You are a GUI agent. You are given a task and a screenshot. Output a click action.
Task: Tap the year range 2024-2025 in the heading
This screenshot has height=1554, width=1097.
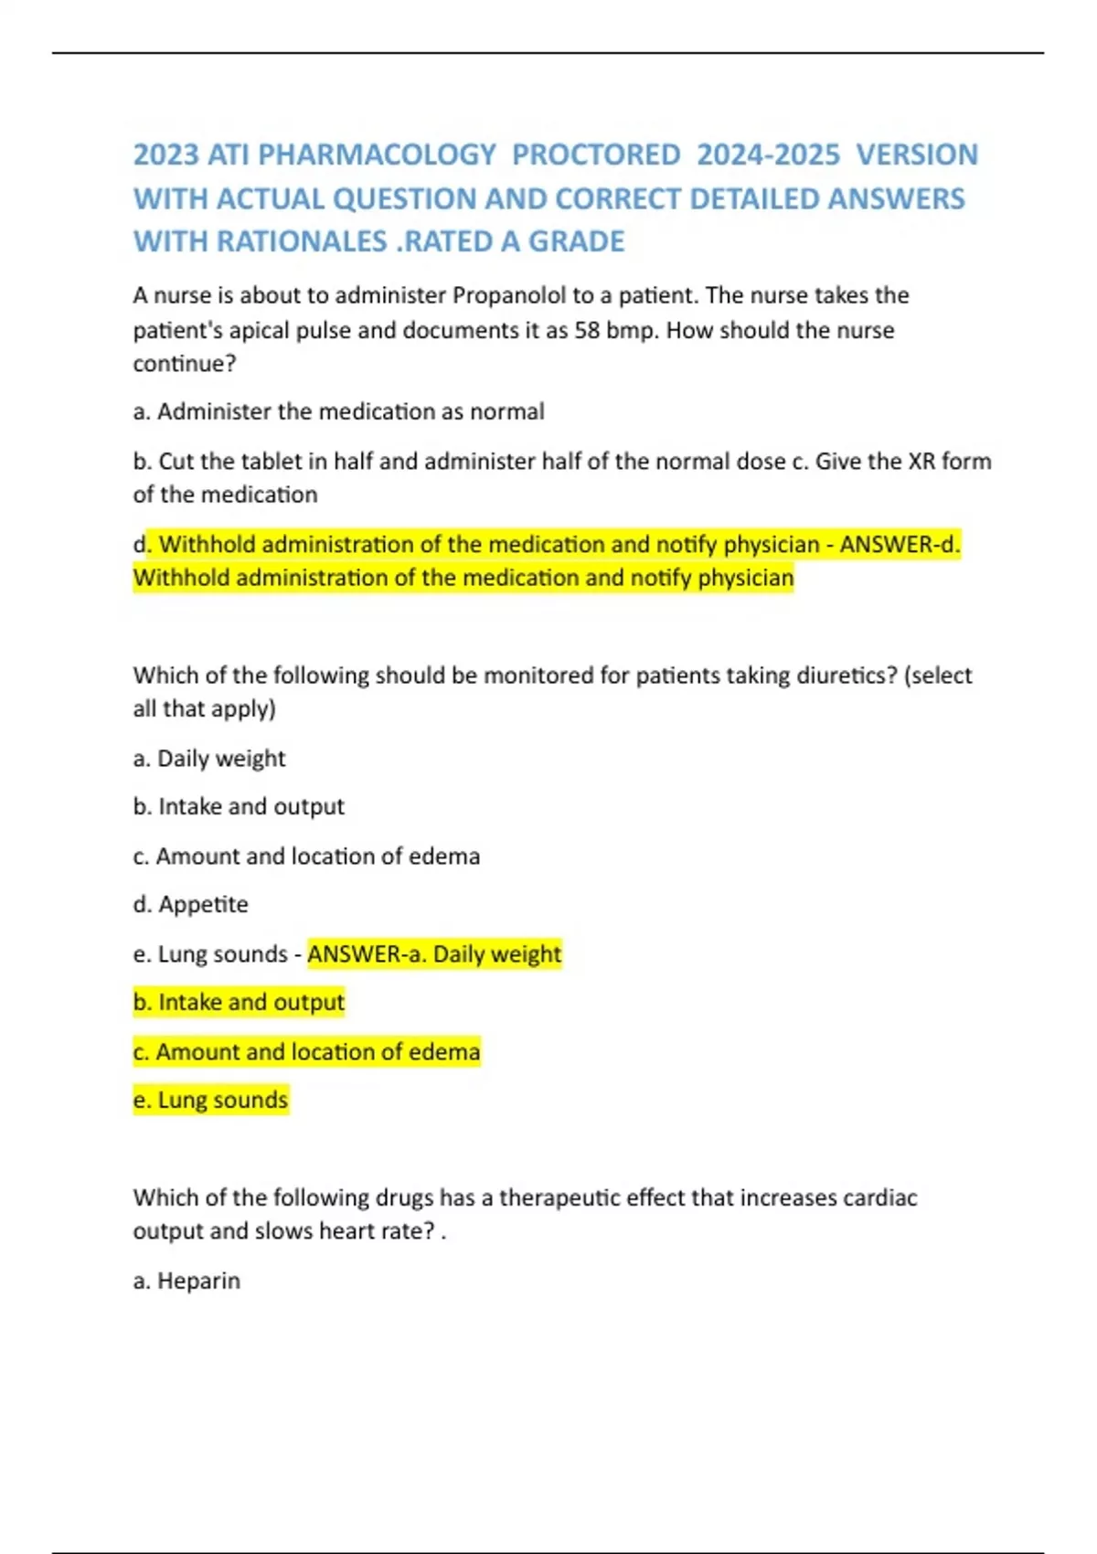click(768, 154)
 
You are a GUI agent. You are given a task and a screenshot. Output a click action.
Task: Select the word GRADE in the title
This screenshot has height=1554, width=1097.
click(577, 241)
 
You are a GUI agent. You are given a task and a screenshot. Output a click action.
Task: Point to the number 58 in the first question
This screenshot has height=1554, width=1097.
click(586, 330)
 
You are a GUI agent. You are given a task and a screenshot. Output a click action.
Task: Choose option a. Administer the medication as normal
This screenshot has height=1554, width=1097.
click(338, 411)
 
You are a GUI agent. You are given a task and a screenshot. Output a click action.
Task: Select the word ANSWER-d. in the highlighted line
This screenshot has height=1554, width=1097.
click(900, 544)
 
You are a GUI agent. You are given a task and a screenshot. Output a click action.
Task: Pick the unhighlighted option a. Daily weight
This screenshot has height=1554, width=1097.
click(209, 758)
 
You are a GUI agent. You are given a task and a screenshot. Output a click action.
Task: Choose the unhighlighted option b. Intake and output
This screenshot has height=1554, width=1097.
click(239, 806)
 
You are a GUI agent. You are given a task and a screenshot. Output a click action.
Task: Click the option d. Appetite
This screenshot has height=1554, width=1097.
click(190, 904)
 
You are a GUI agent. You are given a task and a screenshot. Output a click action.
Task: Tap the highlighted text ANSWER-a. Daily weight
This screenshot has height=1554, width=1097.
click(434, 953)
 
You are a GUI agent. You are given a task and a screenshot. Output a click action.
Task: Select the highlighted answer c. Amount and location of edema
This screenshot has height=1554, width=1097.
click(306, 1051)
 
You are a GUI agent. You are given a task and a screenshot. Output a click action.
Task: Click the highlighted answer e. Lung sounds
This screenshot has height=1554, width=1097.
click(210, 1100)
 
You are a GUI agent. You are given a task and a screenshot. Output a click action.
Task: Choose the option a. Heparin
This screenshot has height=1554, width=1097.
click(186, 1281)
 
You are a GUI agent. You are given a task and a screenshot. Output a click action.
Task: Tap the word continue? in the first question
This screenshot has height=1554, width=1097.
click(185, 364)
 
